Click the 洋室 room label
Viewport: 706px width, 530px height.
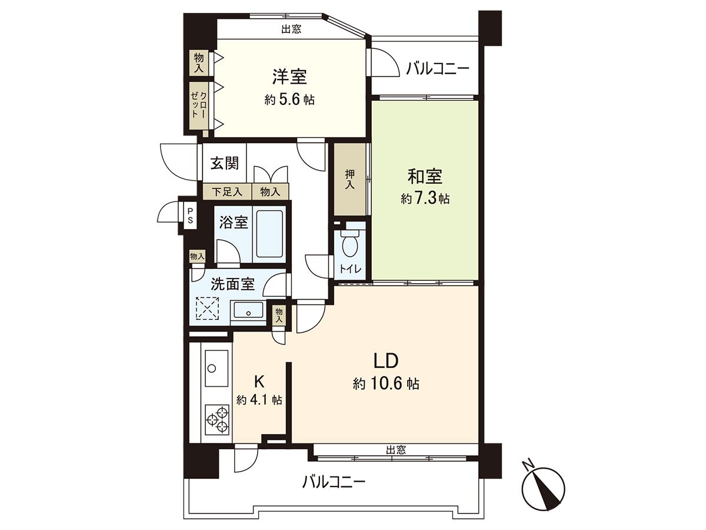point(289,77)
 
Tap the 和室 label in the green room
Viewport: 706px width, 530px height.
point(425,177)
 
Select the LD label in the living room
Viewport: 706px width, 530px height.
point(386,361)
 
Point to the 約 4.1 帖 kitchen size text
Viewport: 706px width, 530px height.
point(259,400)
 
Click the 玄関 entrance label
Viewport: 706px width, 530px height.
point(225,164)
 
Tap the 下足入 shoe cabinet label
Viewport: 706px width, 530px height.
point(227,192)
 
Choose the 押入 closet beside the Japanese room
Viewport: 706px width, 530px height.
point(350,179)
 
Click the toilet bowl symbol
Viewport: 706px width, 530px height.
point(349,244)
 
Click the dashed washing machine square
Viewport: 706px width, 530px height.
point(208,308)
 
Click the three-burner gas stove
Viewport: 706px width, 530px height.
point(217,419)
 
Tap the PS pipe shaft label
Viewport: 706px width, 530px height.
point(191,216)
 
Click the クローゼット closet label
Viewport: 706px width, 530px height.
point(199,105)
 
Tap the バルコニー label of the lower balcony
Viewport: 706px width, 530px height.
point(334,491)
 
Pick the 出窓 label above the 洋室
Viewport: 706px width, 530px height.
point(291,29)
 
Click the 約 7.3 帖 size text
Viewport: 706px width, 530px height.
point(425,199)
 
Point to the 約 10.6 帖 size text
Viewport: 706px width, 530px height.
point(386,384)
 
